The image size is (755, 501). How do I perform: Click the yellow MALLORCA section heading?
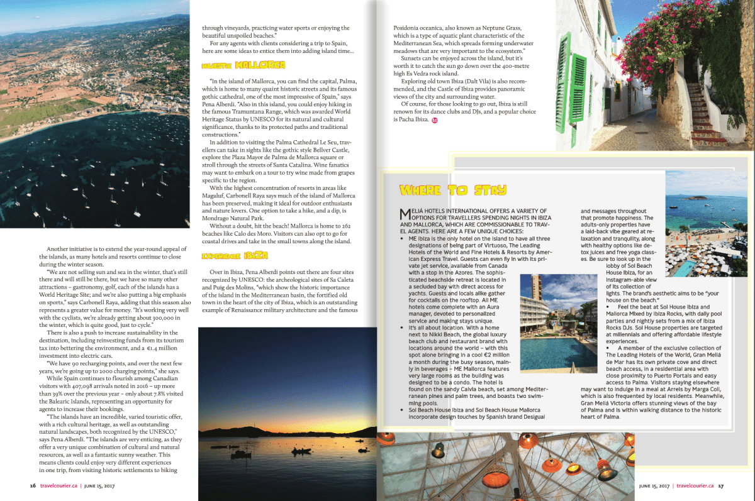point(243,65)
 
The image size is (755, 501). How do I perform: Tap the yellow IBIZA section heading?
point(235,255)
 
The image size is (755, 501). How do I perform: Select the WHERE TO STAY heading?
point(453,190)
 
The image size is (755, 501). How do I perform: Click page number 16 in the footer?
point(33,485)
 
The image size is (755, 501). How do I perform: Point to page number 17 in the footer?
point(721,485)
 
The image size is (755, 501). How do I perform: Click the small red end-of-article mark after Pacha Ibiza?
point(435,119)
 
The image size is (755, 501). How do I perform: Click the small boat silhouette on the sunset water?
point(301,450)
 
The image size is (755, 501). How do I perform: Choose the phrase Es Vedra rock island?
point(428,74)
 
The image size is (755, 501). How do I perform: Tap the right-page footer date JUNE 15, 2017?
point(654,485)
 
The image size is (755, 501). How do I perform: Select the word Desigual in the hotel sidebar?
point(527,416)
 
